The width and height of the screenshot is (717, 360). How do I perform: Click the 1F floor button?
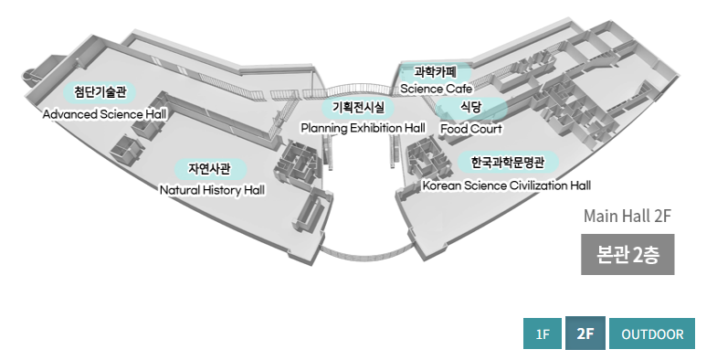point(543,334)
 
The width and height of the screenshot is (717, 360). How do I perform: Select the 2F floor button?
point(585,334)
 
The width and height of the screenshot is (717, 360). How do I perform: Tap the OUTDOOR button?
point(652,334)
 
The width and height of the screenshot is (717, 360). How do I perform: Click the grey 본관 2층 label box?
point(627,255)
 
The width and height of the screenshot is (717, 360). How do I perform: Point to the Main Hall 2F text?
point(627,217)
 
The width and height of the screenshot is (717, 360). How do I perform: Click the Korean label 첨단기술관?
point(100,92)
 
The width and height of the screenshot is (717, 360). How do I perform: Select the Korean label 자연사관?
point(211,169)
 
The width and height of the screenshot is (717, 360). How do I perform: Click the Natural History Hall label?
point(212,190)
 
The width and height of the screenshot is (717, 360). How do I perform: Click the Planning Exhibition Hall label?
point(364,128)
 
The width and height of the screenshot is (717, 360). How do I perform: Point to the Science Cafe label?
point(436,89)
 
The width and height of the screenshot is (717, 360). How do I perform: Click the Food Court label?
point(471,128)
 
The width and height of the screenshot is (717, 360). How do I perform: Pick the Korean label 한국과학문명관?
point(508,164)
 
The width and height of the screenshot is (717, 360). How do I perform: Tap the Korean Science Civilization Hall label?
point(506,185)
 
